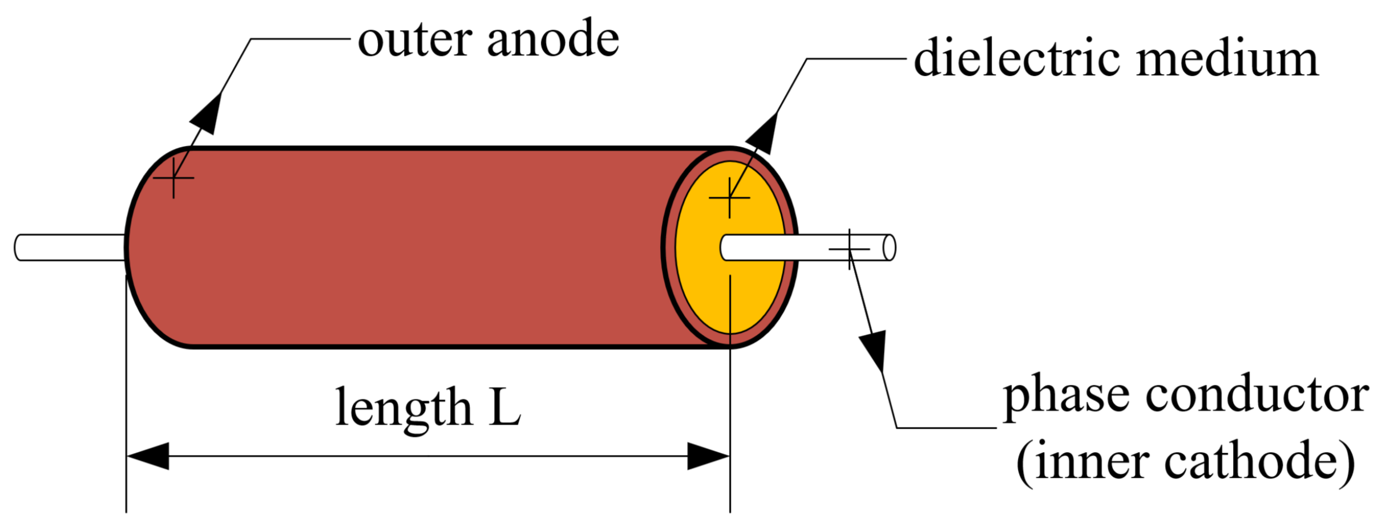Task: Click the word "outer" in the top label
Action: (414, 40)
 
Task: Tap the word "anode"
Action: (553, 40)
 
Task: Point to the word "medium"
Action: (1227, 59)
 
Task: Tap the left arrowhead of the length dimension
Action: (148, 456)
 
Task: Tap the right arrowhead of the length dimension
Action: (708, 456)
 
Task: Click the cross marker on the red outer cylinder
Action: (173, 178)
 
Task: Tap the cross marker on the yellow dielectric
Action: (729, 198)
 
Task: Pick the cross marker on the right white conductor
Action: (849, 249)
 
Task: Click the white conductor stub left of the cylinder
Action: (68, 247)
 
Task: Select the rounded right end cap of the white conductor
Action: (889, 247)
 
